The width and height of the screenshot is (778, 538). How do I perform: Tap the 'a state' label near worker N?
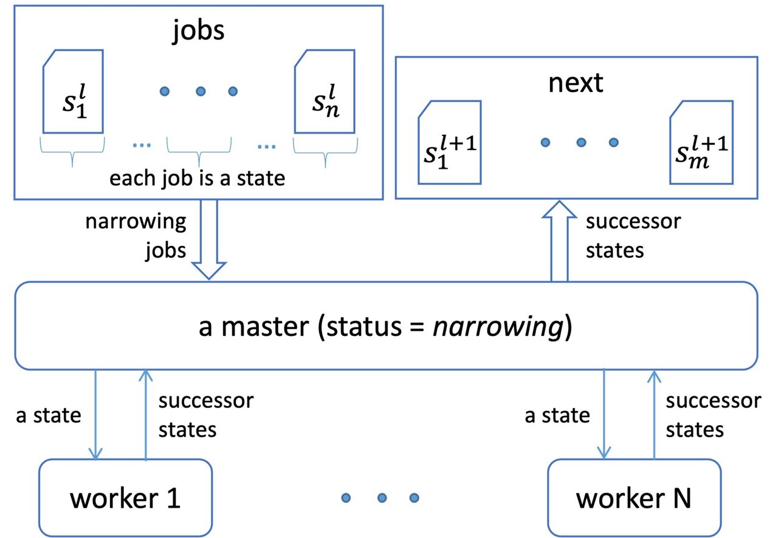point(557,416)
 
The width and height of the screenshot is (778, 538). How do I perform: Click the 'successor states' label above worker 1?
point(205,415)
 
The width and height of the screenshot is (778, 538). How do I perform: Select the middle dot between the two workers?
point(382,498)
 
